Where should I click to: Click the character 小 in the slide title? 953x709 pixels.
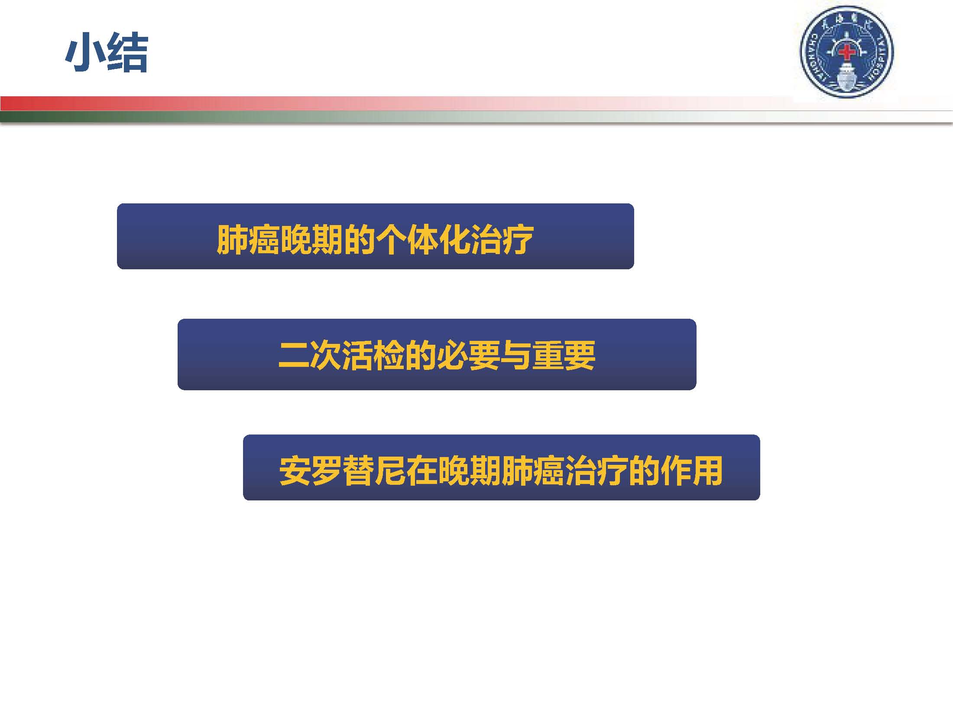[x=85, y=52]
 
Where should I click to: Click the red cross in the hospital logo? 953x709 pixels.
[x=846, y=52]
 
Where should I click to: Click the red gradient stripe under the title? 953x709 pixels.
[x=390, y=103]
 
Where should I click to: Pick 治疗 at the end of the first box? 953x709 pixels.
[x=502, y=239]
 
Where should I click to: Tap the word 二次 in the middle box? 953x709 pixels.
[x=310, y=355]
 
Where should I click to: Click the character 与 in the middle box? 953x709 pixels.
[x=516, y=355]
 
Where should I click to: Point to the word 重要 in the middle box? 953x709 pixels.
[x=564, y=355]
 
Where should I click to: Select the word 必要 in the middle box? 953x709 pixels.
[x=468, y=355]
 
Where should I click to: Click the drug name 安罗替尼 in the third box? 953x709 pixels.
[x=343, y=470]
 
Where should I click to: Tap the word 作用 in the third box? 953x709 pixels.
[x=691, y=470]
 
